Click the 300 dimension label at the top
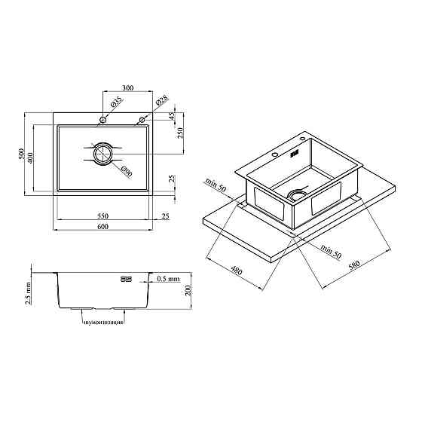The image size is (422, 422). click(x=128, y=87)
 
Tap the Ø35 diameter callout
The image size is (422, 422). click(x=116, y=102)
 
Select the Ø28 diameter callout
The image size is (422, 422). click(x=162, y=100)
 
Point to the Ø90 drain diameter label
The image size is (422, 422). click(x=127, y=172)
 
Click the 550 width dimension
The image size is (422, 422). click(x=102, y=216)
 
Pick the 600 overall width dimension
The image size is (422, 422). click(x=102, y=227)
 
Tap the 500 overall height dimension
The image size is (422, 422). click(x=21, y=154)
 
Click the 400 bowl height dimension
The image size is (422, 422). click(x=30, y=158)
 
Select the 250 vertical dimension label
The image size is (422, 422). click(x=180, y=133)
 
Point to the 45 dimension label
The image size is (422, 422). click(x=172, y=116)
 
